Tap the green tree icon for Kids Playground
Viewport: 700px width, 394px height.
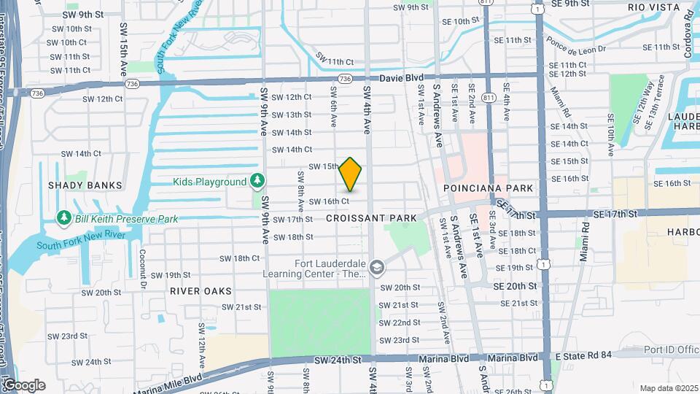[257, 180]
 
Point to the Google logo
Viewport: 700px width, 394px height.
[24, 385]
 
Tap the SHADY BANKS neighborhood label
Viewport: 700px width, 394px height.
[85, 185]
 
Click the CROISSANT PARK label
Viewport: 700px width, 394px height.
[371, 218]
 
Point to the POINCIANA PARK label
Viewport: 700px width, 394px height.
[489, 188]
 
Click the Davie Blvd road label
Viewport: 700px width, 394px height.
[401, 77]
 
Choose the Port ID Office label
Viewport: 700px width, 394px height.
[671, 349]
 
